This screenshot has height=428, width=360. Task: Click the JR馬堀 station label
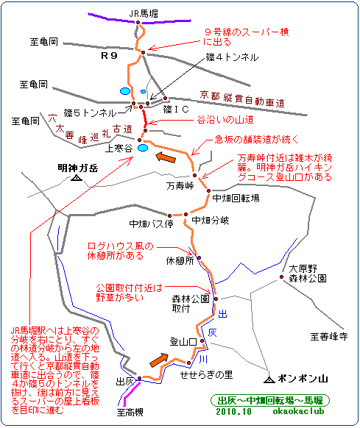(x=144, y=14)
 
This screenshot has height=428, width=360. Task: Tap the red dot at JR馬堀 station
(x=138, y=22)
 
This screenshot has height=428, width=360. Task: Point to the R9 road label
(x=109, y=56)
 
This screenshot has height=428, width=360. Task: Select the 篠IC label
(x=176, y=110)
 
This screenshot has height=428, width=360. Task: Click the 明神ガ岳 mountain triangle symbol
(x=77, y=178)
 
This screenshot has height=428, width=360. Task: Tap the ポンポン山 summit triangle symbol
(x=269, y=379)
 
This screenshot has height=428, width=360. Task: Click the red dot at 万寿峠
(x=194, y=175)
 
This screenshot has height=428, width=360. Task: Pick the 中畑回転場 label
(x=236, y=198)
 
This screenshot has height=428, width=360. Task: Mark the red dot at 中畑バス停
(x=170, y=215)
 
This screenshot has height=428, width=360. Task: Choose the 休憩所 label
(x=180, y=260)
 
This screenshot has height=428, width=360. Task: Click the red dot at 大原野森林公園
(x=281, y=277)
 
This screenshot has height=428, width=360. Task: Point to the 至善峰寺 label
(x=329, y=336)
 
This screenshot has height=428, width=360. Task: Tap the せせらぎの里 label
(x=206, y=375)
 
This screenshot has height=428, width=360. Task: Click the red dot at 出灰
(x=139, y=379)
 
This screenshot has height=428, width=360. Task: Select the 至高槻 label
(x=130, y=412)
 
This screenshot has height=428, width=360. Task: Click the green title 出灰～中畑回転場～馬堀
(x=270, y=401)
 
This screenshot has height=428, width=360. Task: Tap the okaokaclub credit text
(x=298, y=411)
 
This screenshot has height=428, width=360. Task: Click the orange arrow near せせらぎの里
(x=159, y=360)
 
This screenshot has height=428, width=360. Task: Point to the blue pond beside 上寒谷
(x=143, y=148)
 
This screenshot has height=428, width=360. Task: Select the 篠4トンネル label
(x=232, y=57)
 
